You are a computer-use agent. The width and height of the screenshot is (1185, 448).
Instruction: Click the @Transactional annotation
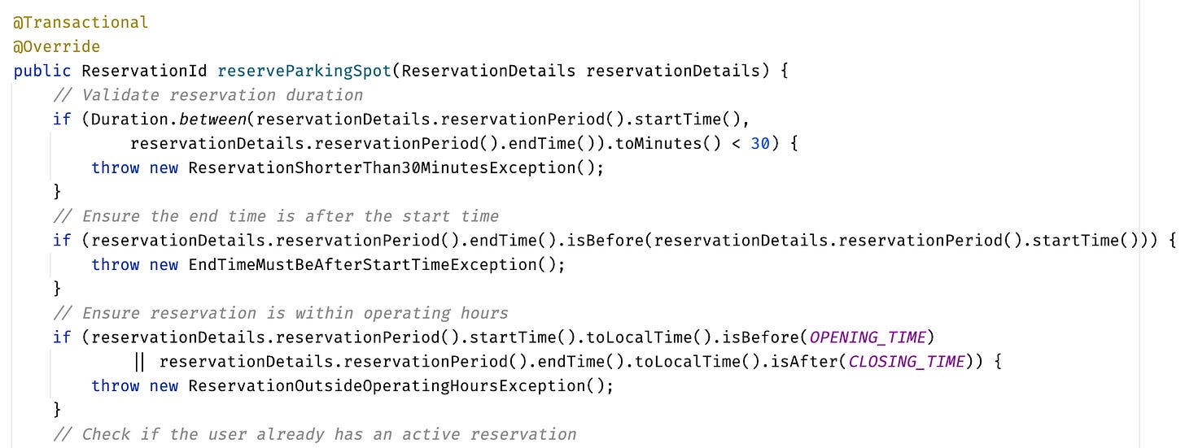click(x=81, y=22)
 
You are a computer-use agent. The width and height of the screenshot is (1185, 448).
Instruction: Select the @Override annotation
click(x=57, y=46)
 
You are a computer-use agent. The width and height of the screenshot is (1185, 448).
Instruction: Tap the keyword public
click(x=42, y=71)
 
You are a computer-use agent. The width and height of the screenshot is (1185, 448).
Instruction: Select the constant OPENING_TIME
click(x=868, y=337)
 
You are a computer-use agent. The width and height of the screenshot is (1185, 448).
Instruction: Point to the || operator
click(x=139, y=362)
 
